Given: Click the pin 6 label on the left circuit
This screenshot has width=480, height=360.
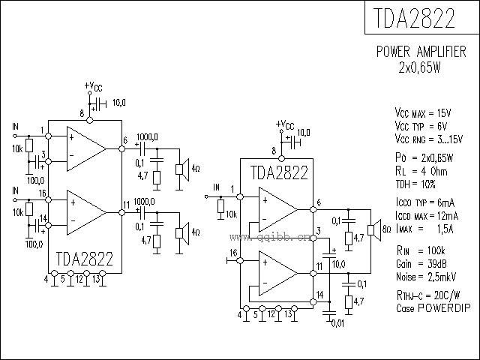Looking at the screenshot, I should pyautogui.click(x=125, y=140).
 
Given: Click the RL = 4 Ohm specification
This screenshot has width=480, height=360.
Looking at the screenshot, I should pyautogui.click(x=421, y=170).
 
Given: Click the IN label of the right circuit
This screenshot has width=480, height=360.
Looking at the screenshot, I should pyautogui.click(x=216, y=187).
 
